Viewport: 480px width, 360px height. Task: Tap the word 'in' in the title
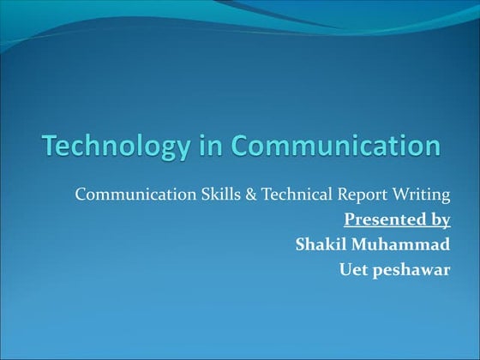pos(201,146)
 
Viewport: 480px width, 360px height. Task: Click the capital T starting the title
pos(50,145)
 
